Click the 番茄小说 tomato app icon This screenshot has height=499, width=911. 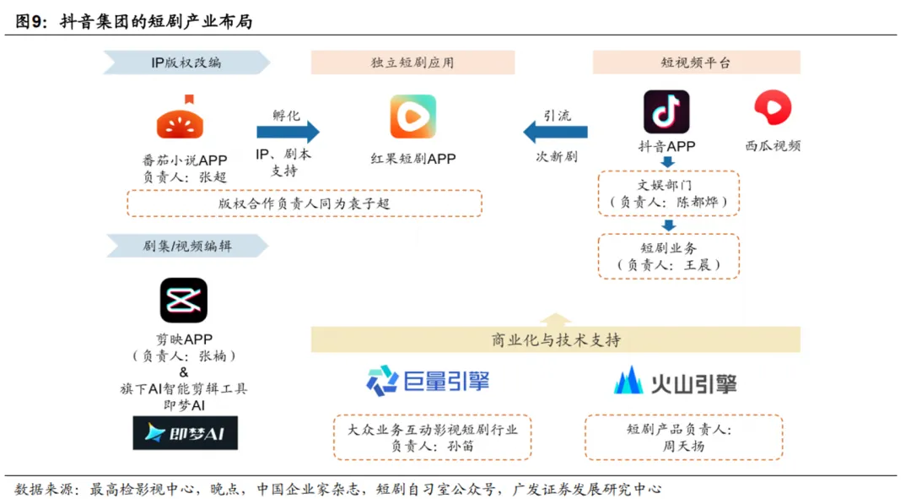point(181,117)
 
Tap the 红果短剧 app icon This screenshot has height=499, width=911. point(412,117)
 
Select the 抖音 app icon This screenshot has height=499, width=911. point(666,112)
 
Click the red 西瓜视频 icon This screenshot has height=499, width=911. point(773,109)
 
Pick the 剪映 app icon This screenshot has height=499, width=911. point(184,301)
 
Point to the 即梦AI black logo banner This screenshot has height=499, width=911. point(185,433)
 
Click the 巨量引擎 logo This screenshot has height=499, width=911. point(428,381)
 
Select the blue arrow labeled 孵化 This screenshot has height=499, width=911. point(288,132)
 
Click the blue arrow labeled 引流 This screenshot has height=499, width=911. point(555,132)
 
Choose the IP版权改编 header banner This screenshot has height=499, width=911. point(186,62)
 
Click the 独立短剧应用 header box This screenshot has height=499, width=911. point(412,62)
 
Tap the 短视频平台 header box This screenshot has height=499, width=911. point(696,62)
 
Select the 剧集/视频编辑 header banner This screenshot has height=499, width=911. point(186,246)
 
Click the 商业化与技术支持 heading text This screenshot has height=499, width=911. point(556,339)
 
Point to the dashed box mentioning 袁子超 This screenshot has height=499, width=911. point(304,203)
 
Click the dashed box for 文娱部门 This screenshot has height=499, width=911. point(668,193)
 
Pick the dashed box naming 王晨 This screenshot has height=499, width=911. point(668,257)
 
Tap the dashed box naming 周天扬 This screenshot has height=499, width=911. point(684,437)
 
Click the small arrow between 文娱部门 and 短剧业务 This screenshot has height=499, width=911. point(668,225)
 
